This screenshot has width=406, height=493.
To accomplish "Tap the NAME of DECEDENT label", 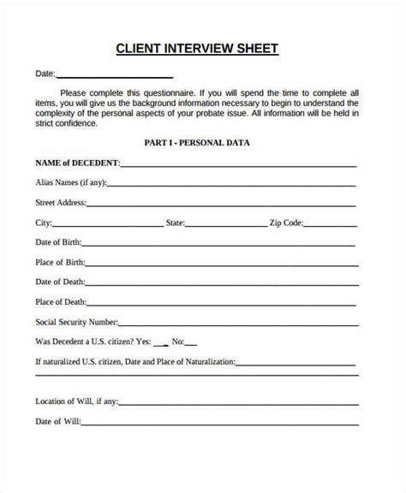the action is [77, 162].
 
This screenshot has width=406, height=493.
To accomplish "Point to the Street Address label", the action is [60, 203].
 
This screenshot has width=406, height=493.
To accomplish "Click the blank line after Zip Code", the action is [330, 226].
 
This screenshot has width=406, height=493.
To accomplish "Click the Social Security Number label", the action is [75, 322].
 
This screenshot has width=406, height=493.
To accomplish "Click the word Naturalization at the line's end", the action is [206, 362].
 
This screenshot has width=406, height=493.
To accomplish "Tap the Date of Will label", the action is [57, 420].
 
